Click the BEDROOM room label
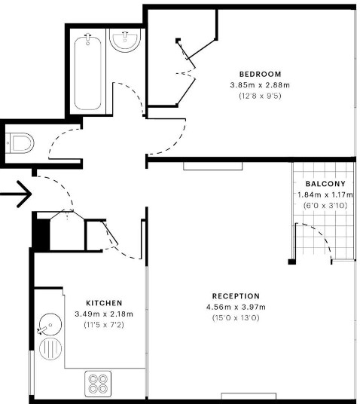point(260,74)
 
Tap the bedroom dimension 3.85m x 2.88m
point(260,85)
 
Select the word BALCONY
point(325,184)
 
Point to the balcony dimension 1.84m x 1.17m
point(325,194)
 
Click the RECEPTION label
point(236,296)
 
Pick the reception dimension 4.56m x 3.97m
point(236,307)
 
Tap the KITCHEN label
point(104,303)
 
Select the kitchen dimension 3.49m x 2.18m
point(104,314)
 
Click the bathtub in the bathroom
point(89,72)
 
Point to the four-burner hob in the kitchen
point(98,384)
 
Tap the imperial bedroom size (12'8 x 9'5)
point(260,96)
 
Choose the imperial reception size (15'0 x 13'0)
point(236,318)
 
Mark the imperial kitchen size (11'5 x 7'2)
point(104,325)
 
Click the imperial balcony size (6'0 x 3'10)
point(325,205)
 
